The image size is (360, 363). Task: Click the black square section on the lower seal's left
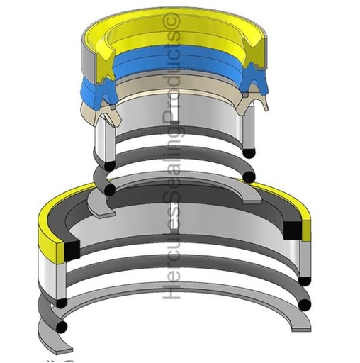(69, 248)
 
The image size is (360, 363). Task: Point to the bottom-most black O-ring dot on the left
(63, 328)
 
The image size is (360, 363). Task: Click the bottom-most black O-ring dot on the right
(305, 304)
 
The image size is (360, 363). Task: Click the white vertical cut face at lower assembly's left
(56, 277)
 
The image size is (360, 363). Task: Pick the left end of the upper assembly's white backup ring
(102, 143)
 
